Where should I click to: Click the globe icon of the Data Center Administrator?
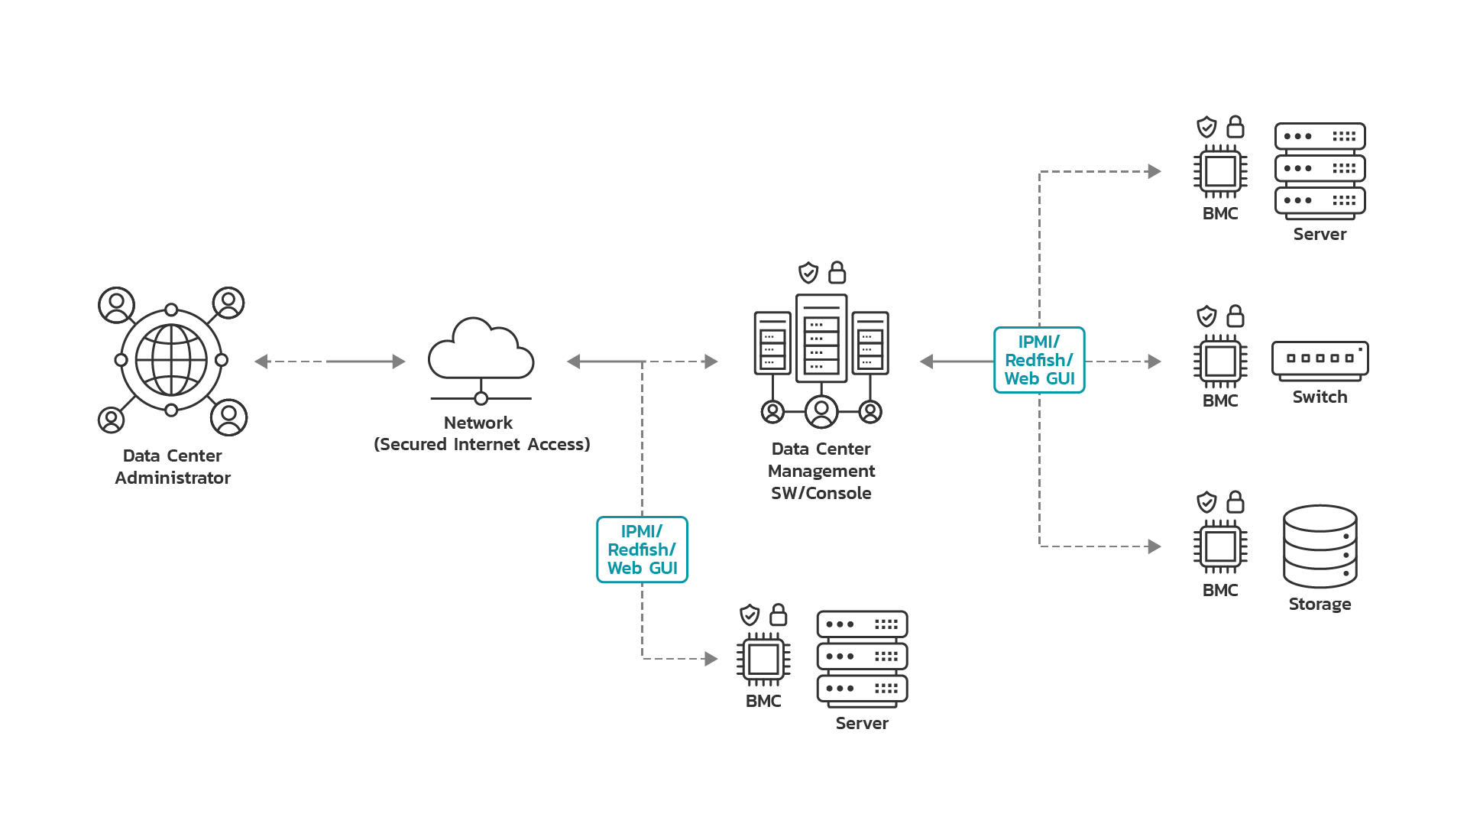[171, 360]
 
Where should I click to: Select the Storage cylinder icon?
[1320, 546]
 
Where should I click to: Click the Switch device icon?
[1320, 360]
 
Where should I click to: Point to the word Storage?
[1320, 604]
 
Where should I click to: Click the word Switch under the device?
[1320, 397]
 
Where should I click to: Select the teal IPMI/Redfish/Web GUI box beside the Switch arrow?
[1039, 360]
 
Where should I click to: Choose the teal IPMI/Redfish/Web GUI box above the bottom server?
[642, 550]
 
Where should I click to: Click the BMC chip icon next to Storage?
[1220, 546]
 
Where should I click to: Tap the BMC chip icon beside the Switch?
[1220, 362]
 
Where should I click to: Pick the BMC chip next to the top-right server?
[1220, 171]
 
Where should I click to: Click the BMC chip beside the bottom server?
[763, 659]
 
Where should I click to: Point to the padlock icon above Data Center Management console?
[837, 272]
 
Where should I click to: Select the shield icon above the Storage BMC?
[1206, 502]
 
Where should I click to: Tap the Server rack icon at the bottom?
[862, 657]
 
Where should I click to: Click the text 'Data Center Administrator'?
[173, 466]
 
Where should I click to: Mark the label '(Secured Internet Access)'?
[481, 444]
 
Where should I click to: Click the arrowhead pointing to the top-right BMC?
[1154, 172]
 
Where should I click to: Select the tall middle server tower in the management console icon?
[821, 339]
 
